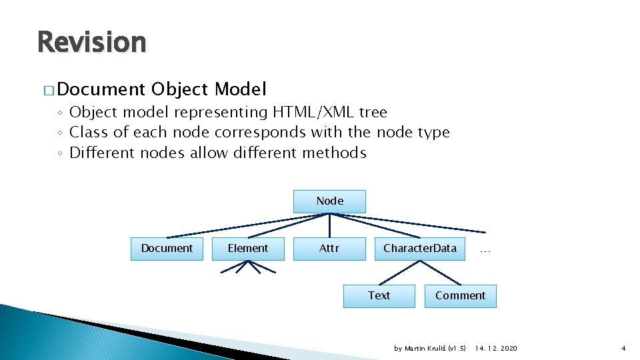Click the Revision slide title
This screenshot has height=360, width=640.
click(x=91, y=42)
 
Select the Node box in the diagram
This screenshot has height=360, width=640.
click(x=329, y=201)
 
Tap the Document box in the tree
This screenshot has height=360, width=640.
click(x=167, y=248)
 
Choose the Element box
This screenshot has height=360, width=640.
click(x=248, y=248)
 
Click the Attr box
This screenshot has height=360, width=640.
click(x=329, y=248)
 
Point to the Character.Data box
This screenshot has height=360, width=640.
click(x=419, y=248)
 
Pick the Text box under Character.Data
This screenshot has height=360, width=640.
click(x=379, y=295)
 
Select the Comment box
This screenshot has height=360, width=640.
click(x=460, y=295)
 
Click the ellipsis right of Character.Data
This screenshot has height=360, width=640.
click(x=485, y=250)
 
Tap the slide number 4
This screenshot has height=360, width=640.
click(x=623, y=349)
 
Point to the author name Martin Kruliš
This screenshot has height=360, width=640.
click(x=424, y=349)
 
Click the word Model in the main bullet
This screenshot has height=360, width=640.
click(x=241, y=89)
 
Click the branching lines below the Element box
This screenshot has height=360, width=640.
click(x=248, y=267)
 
